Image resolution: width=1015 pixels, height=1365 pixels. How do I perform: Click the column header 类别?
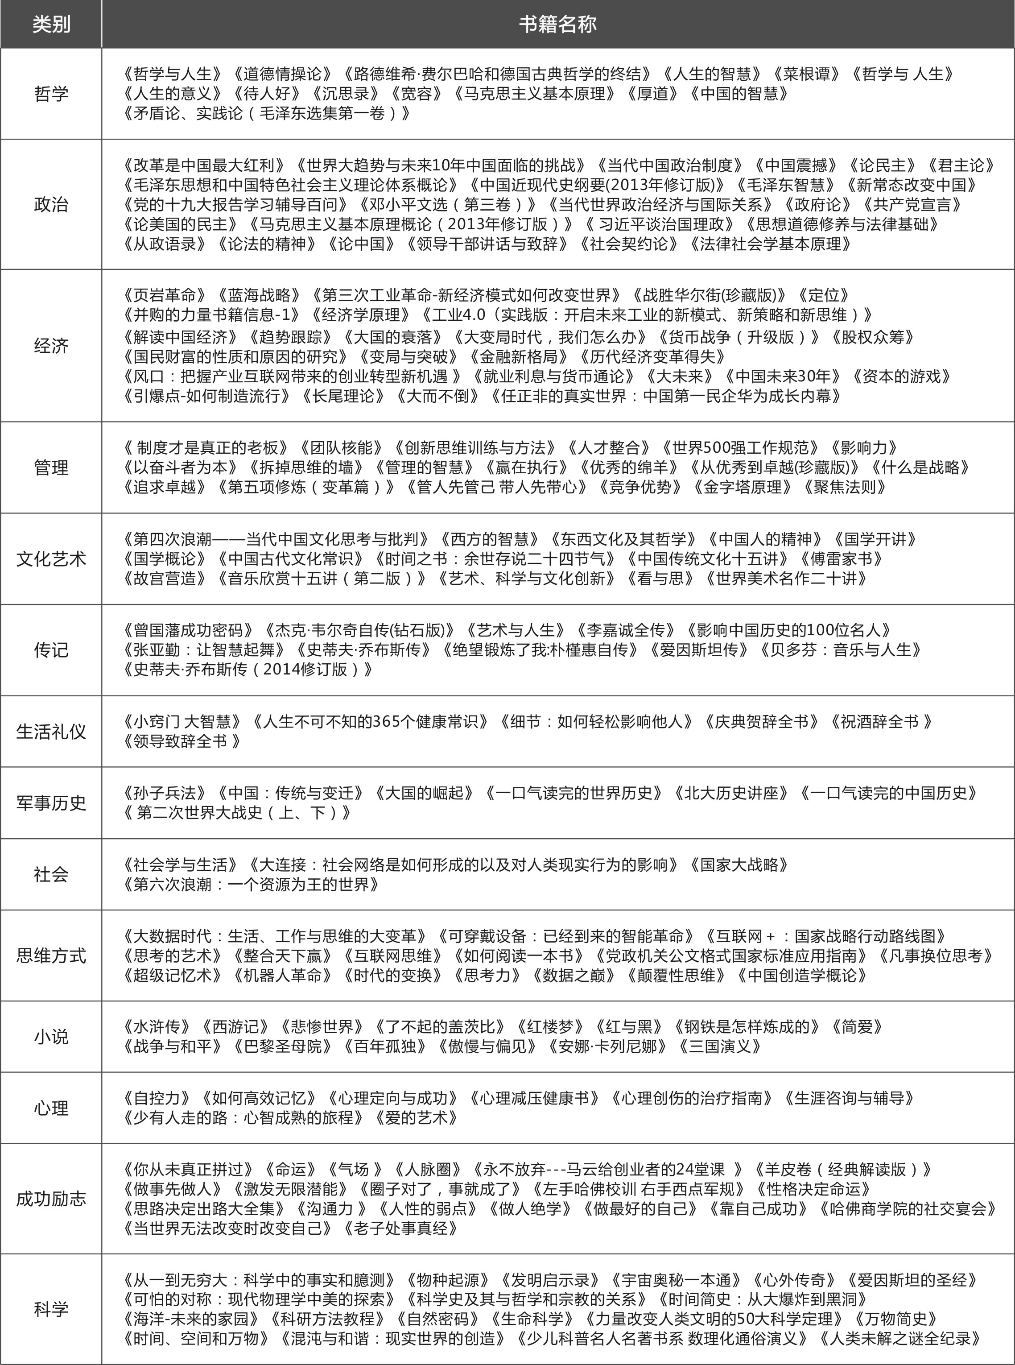pos(51,25)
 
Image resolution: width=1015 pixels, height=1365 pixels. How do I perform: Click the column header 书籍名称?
pos(557,25)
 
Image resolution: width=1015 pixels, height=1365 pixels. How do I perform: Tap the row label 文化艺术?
pos(51,558)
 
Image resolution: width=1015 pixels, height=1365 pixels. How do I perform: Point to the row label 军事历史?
pos(51,802)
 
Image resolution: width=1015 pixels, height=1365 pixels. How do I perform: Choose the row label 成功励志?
pos(51,1199)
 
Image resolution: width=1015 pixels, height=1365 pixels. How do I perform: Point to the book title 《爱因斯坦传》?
pos(698,649)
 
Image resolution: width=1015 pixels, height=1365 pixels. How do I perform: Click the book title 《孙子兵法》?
pos(166,793)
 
